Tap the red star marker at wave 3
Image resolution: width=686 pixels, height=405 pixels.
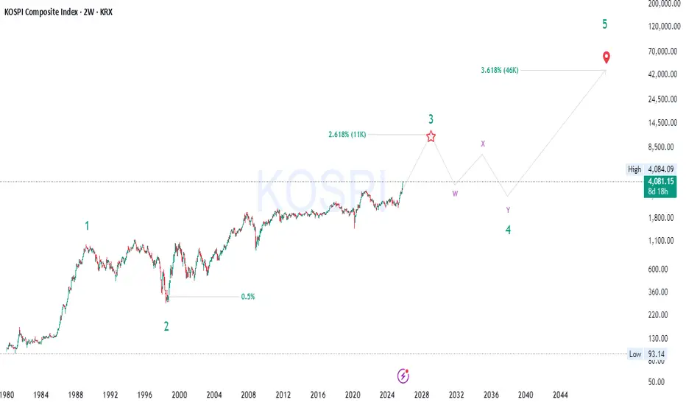tap(431, 135)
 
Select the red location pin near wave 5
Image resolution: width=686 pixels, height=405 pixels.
tap(606, 57)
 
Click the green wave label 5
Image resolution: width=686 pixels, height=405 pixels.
tap(605, 24)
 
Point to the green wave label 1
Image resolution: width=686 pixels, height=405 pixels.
tap(87, 226)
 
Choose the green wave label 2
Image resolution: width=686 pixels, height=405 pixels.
tap(166, 326)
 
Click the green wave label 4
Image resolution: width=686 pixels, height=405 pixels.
tap(508, 230)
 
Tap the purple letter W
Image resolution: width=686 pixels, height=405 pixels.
tap(456, 194)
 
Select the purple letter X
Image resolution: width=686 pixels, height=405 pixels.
tap(483, 144)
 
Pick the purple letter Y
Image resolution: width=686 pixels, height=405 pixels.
tap(508, 210)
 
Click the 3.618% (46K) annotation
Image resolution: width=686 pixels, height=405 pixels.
tap(502, 70)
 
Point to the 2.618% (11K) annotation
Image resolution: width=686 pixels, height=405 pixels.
tap(347, 135)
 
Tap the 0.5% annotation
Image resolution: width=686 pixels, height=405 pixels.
tap(248, 297)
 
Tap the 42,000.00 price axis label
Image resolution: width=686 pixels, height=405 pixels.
tap(662, 74)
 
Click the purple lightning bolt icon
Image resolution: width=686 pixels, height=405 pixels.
tap(403, 376)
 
